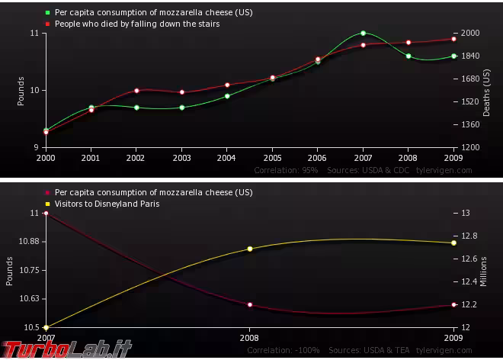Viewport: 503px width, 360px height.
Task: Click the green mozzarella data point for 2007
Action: click(363, 33)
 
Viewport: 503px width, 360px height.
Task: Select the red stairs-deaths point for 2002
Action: click(136, 90)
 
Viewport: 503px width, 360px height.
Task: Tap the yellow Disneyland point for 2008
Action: click(250, 249)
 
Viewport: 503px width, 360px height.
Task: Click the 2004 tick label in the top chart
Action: click(227, 158)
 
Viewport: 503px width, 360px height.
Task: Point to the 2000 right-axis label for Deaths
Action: click(470, 34)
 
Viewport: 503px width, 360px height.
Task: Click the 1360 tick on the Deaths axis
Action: click(470, 124)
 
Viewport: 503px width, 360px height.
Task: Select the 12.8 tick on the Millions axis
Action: click(470, 236)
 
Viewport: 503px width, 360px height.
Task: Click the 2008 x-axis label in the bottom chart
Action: click(250, 337)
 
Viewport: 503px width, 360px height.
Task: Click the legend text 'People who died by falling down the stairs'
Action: click(137, 24)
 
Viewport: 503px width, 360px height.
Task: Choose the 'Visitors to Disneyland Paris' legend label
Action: click(107, 204)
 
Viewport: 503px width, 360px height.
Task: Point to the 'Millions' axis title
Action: click(484, 271)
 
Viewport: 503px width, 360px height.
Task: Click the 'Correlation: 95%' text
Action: click(286, 170)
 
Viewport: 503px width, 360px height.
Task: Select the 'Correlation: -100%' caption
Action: click(282, 350)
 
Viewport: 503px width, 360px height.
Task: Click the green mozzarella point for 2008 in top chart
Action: click(408, 56)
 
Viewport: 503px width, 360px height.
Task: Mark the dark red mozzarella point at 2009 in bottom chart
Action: click(453, 304)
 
